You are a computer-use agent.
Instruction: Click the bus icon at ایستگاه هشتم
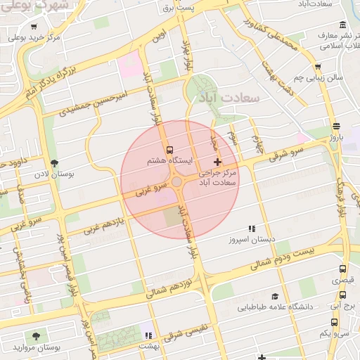(168, 150)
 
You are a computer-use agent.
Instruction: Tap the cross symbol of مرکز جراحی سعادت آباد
(217, 162)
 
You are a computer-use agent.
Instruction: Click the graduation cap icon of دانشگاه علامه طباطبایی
(275, 297)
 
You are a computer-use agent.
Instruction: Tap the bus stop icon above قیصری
(342, 269)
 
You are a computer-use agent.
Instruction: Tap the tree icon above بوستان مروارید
(35, 336)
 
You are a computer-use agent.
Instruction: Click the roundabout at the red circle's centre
(179, 182)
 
